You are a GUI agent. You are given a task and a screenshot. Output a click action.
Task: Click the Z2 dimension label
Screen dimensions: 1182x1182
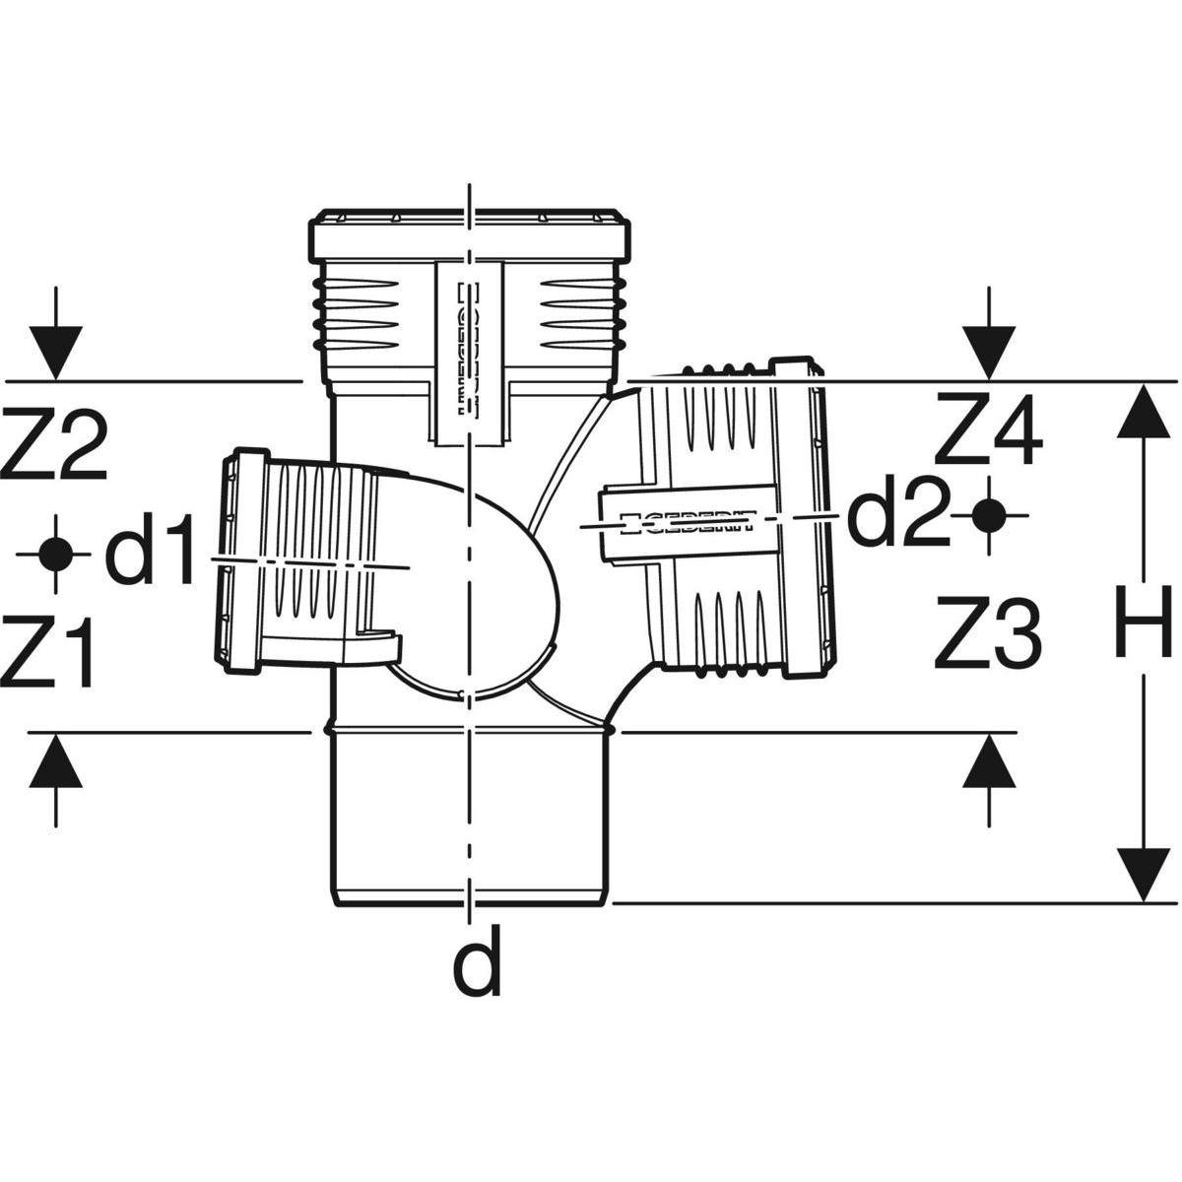(53, 447)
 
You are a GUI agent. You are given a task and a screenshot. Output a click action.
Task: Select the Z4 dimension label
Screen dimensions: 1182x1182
(988, 429)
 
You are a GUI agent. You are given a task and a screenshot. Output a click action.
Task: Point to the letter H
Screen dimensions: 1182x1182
(1142, 622)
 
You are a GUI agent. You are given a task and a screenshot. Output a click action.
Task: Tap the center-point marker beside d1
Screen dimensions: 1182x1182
(55, 554)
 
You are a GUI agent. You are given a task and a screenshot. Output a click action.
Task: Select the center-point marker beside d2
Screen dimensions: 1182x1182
(989, 514)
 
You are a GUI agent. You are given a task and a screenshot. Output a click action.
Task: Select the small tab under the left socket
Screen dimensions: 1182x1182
(380, 645)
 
